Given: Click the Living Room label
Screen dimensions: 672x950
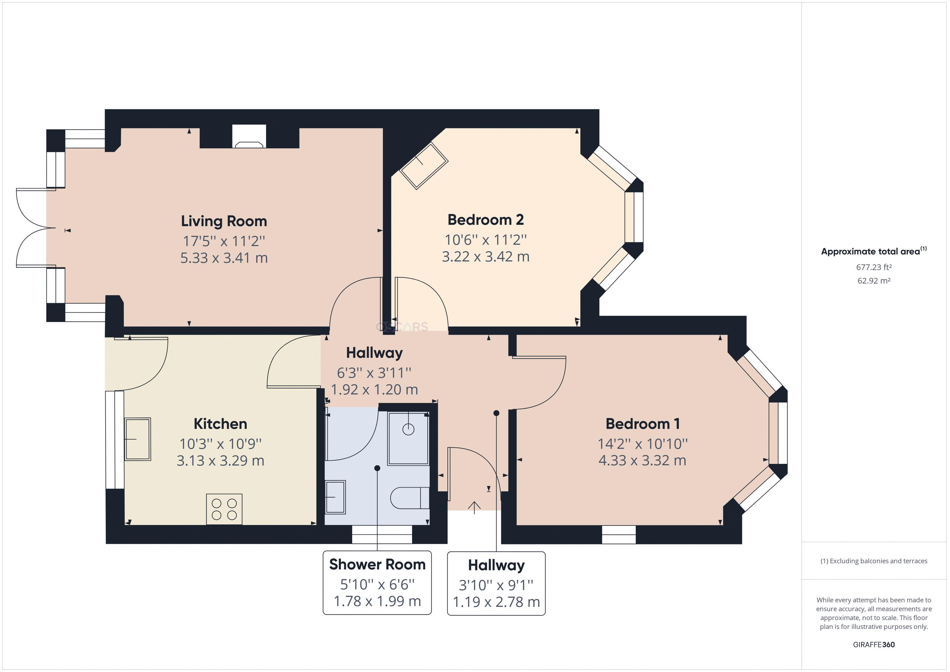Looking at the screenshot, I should click(224, 221).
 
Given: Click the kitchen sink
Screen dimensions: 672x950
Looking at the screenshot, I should click(138, 439).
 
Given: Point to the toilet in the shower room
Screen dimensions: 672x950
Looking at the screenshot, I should click(409, 498).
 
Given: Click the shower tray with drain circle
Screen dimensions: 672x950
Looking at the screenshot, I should click(408, 439).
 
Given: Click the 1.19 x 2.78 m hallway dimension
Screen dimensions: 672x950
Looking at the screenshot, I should click(496, 602).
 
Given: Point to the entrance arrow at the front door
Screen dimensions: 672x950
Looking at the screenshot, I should click(474, 507).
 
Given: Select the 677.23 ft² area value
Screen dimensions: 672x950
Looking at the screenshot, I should click(874, 267).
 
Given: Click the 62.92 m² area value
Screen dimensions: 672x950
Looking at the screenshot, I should click(874, 281).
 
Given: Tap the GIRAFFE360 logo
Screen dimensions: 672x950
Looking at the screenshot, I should click(874, 644).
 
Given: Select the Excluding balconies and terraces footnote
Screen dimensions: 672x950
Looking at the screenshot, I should click(874, 561).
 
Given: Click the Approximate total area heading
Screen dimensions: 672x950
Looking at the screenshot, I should click(871, 251).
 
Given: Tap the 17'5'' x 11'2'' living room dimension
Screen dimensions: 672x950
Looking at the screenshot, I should click(224, 241).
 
